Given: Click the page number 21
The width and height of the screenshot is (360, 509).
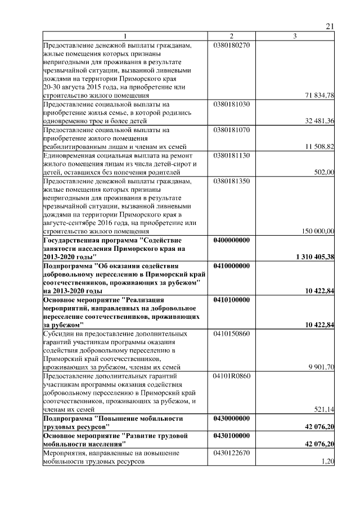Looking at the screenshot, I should [x=330, y=27].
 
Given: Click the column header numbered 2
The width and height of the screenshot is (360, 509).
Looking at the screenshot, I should [x=231, y=37].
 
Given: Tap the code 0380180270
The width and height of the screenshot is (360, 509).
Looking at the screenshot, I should [x=231, y=45].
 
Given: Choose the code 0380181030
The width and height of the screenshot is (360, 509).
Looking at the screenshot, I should [x=231, y=105].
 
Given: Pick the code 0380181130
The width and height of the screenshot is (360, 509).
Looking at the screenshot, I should [x=231, y=155].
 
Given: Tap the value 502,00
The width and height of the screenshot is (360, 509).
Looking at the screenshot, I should [x=325, y=172].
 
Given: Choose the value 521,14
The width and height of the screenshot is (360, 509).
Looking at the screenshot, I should [x=325, y=409].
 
